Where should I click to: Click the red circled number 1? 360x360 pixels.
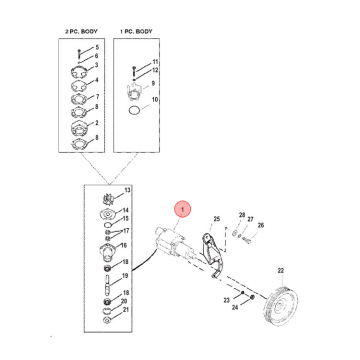[x=183, y=209]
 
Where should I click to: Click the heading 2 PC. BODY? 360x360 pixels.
[x=81, y=32]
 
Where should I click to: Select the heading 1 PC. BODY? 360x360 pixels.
[x=135, y=32]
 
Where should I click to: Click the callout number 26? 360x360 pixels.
[x=260, y=225]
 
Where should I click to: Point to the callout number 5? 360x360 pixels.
[x=97, y=47]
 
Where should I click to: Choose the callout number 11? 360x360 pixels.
[x=155, y=61]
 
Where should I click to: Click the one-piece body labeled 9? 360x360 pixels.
[x=133, y=92]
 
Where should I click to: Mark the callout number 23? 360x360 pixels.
[x=226, y=300]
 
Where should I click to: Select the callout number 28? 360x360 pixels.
[x=242, y=215]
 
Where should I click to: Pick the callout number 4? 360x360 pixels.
[x=97, y=80]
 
